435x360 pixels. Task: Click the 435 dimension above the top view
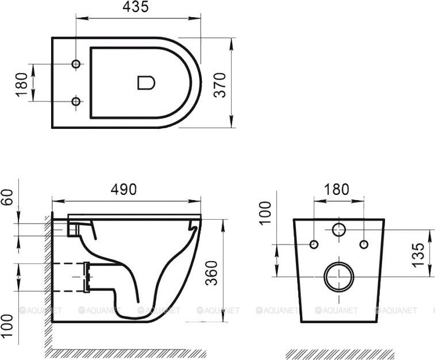(x=136, y=7)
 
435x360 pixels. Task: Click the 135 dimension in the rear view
(x=419, y=253)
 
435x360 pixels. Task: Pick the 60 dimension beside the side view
(x=7, y=201)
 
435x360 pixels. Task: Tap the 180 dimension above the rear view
(x=337, y=189)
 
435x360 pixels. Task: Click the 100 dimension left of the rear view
(x=265, y=213)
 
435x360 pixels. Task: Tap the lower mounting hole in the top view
(x=75, y=102)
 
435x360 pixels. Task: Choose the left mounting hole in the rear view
(x=313, y=244)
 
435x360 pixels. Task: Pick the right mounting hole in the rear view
(x=363, y=244)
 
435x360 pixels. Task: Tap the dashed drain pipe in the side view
(x=69, y=276)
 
